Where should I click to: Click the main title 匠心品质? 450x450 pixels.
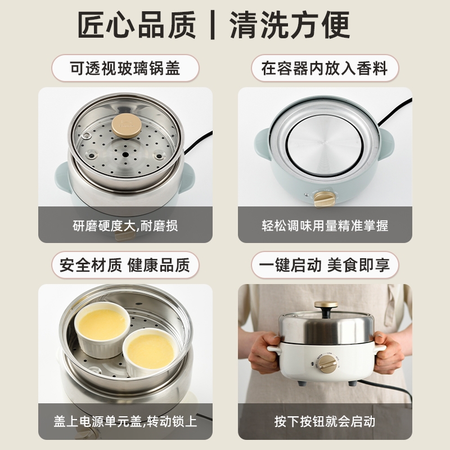coord(137,25)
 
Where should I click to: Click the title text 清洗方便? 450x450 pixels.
coord(290,25)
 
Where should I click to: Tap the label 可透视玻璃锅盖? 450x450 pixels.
coord(125,68)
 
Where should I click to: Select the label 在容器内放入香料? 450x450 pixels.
coord(325,68)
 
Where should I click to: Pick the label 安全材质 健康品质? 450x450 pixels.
coord(125,265)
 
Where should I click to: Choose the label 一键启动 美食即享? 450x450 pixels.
coord(325,265)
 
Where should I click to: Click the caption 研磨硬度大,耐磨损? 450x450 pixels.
coord(125,226)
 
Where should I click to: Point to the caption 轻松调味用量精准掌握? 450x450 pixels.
coord(325,226)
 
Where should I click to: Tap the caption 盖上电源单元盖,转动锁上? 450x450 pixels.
coord(125,421)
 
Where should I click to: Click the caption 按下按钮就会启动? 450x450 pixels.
coord(325,421)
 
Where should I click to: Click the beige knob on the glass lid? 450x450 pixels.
coord(126,125)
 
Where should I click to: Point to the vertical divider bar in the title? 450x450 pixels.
coord(213,25)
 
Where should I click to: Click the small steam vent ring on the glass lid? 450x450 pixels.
coord(86,136)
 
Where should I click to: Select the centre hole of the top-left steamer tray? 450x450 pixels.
coord(125,155)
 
